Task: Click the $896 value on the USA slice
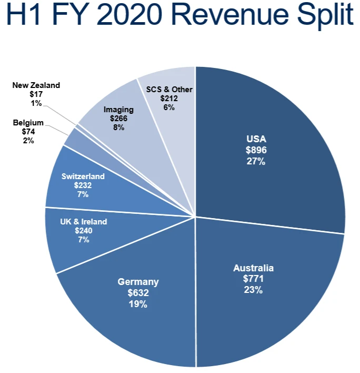pos(256,150)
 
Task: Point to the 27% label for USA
pos(256,161)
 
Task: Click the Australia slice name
pos(253,268)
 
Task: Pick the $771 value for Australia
pos(253,279)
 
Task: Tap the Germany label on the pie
pos(137,282)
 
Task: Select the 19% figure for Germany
pos(137,304)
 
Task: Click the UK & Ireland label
pos(83,221)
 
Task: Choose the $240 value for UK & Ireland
pos(83,230)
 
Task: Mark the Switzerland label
pos(83,176)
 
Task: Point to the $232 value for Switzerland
pos(83,185)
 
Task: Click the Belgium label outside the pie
pos(28,123)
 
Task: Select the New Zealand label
pos(36,85)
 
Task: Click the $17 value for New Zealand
pos(36,94)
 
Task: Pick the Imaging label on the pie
pos(118,110)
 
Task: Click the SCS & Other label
pos(169,89)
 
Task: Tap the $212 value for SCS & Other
pos(169,98)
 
